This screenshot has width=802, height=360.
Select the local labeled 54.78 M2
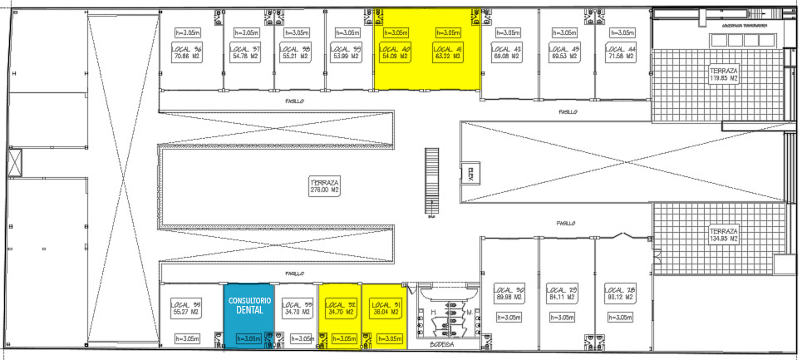tap(245, 53)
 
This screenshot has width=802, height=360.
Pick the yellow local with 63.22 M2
tap(447, 53)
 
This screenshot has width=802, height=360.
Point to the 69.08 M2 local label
tap(506, 53)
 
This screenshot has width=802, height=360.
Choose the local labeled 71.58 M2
tap(621, 53)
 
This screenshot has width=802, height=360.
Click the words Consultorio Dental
tap(250, 305)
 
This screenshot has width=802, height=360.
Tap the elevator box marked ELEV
tap(470, 174)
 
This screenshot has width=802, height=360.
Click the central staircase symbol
tap(431, 182)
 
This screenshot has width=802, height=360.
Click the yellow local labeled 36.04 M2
tap(385, 308)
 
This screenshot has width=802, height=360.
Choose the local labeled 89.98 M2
tap(508, 293)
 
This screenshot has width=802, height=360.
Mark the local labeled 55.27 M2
tap(186, 308)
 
